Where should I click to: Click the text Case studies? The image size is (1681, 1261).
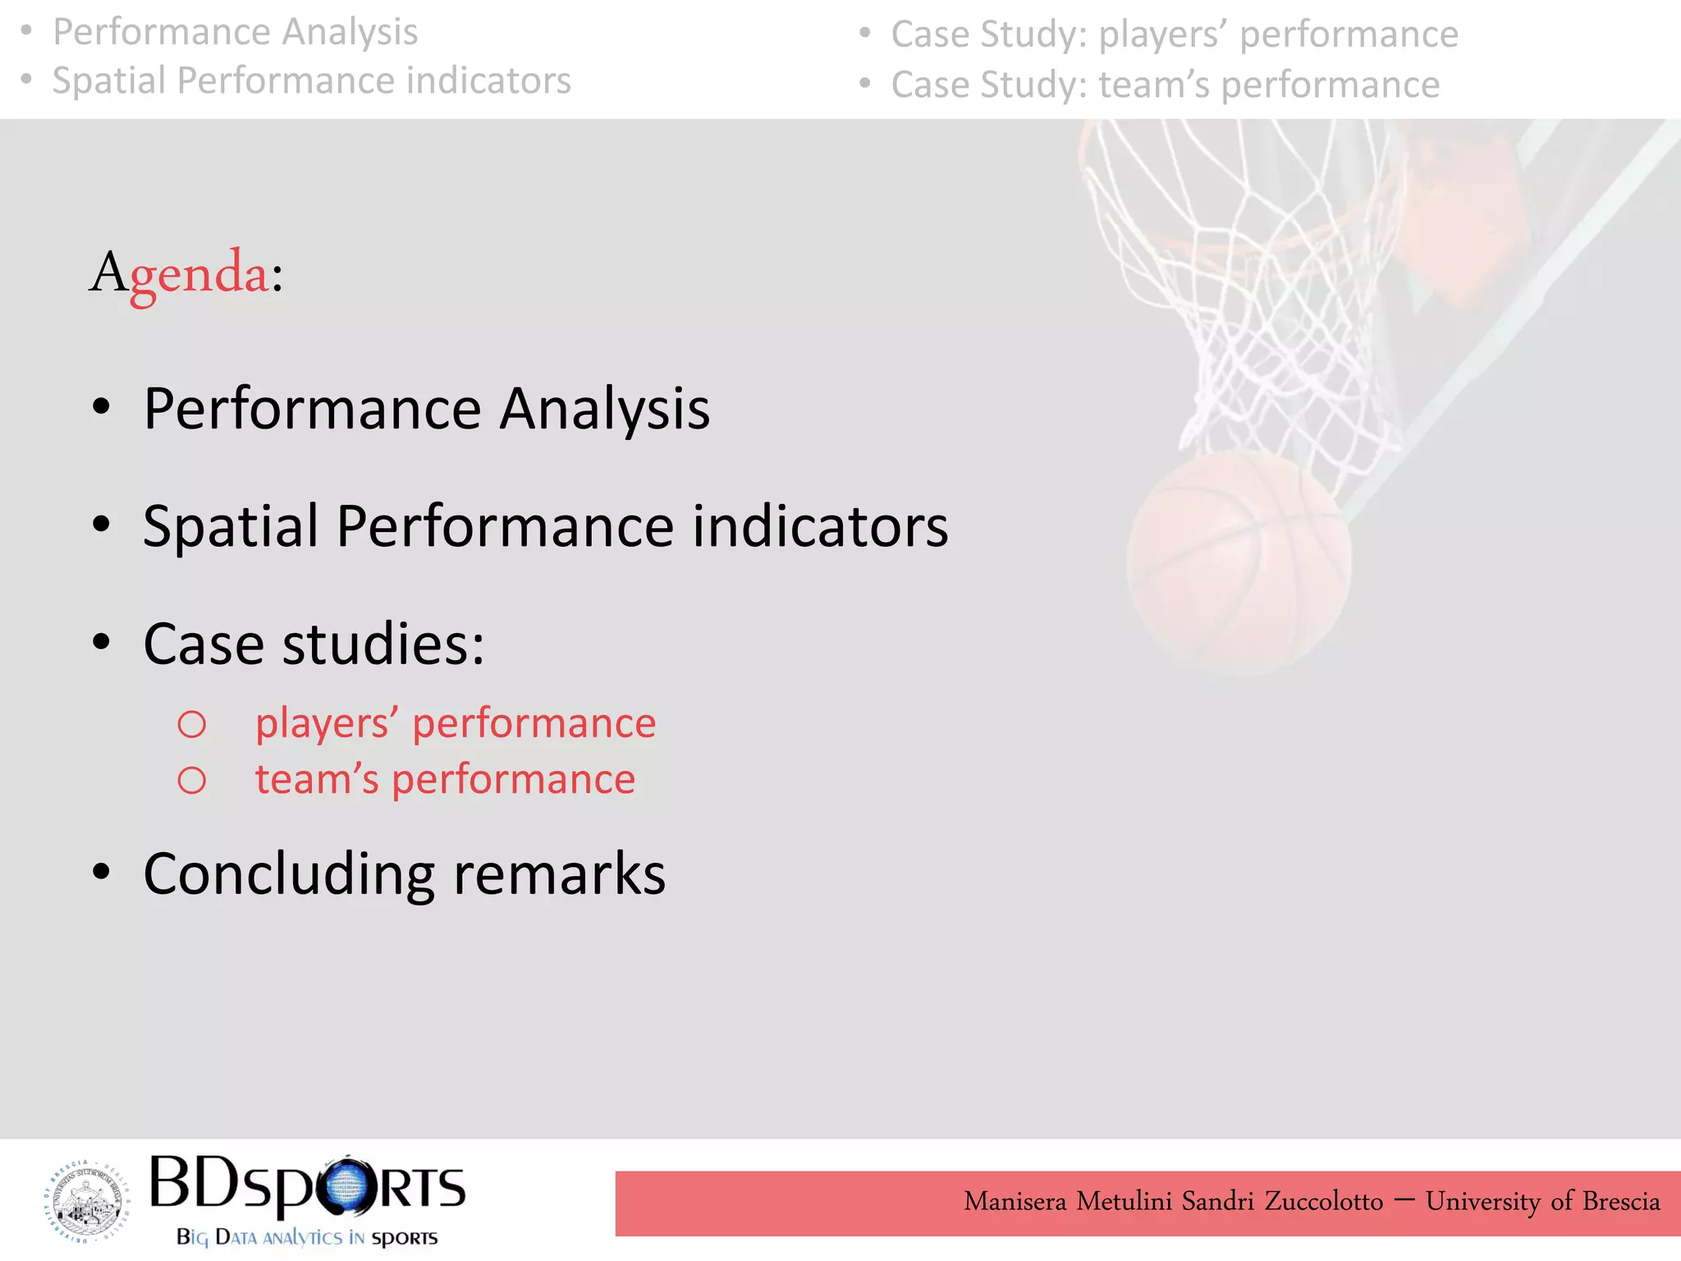314,644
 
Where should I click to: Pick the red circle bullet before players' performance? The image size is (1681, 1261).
192,724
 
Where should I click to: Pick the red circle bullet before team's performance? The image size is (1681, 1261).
192,780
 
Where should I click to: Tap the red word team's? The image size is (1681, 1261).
317,779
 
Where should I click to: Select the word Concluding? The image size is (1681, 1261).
288,874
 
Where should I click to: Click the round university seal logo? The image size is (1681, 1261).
86,1200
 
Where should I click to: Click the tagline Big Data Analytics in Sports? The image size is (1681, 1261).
307,1237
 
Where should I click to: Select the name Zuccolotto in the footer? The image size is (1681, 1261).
1323,1201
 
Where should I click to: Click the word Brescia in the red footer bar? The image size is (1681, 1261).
1620,1201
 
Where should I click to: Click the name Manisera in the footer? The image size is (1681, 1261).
1015,1201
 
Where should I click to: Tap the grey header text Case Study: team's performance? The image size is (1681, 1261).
1165,85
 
